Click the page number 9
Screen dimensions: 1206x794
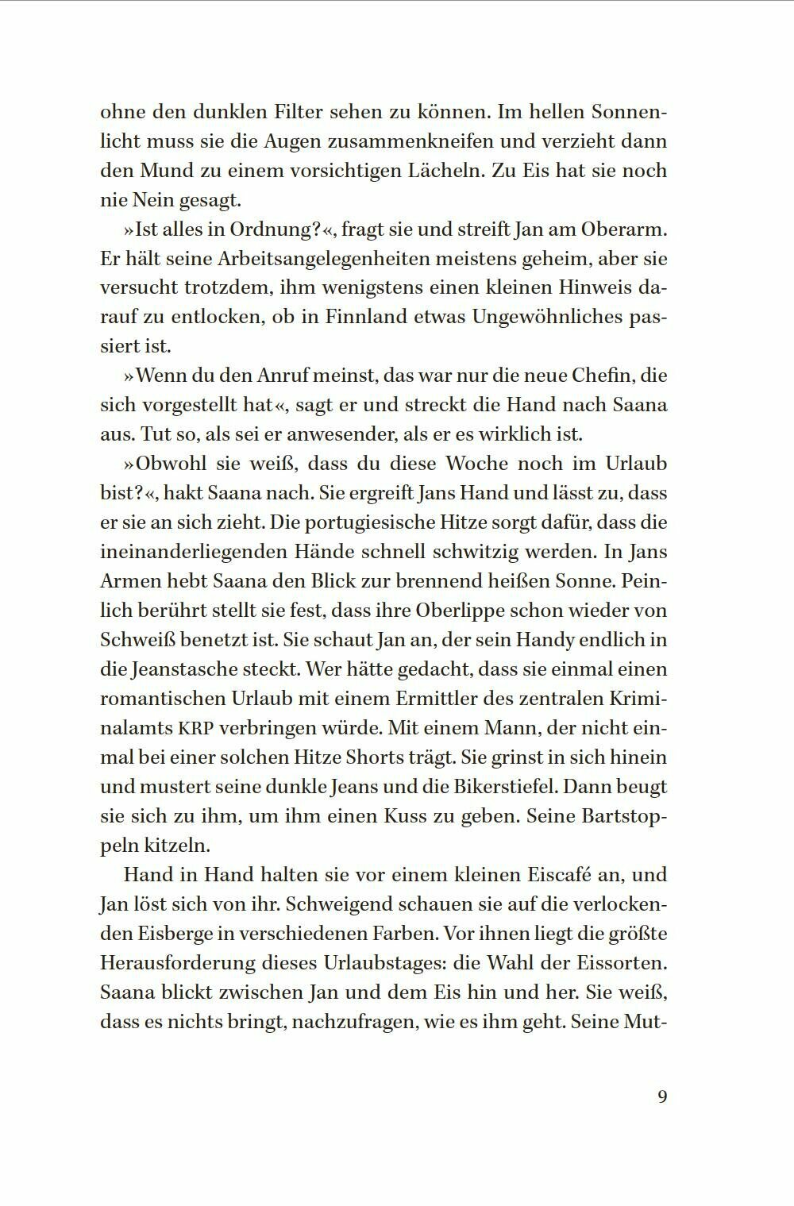pos(662,1096)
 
